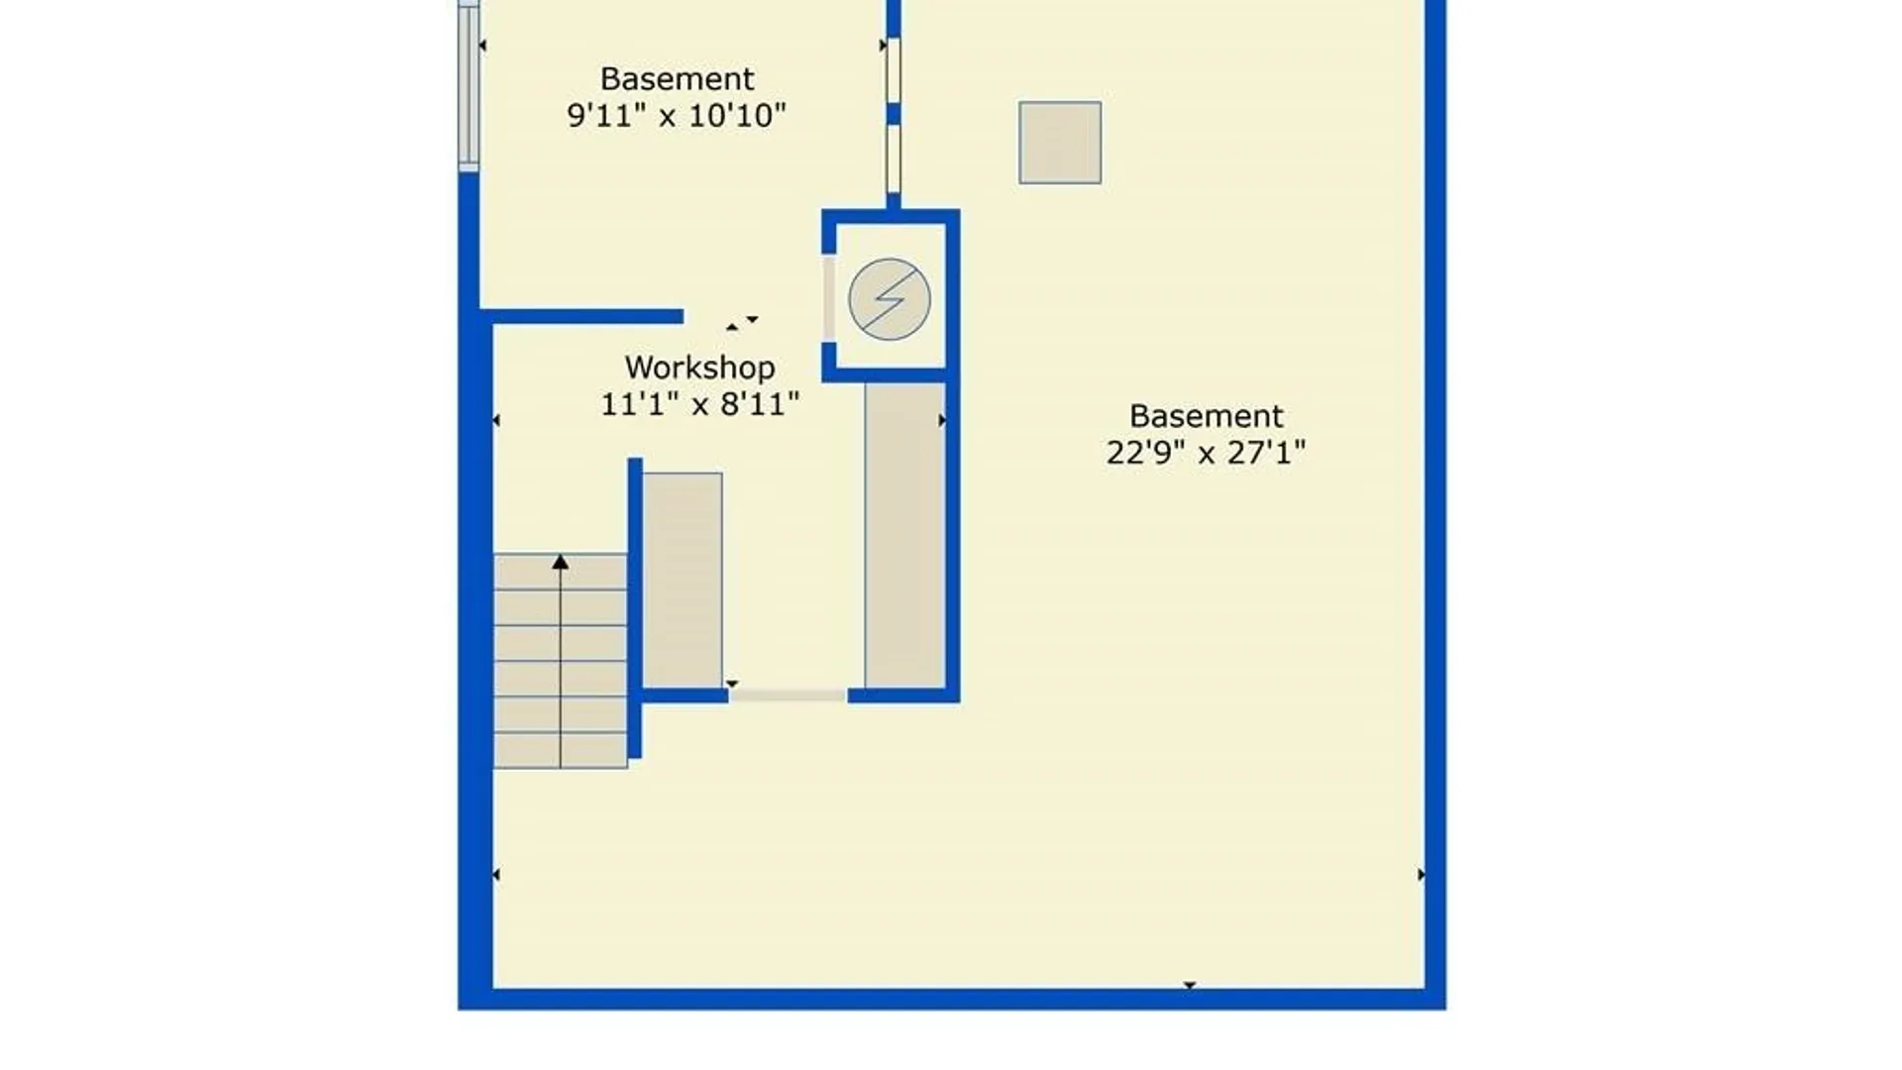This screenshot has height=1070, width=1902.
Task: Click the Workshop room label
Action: point(699,368)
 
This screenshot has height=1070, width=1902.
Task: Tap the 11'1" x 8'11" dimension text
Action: point(699,404)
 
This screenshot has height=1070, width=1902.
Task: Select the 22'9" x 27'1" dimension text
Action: point(1206,453)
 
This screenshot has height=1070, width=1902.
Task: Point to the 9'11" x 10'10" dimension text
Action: point(677,115)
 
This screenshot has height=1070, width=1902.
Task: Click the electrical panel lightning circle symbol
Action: point(890,299)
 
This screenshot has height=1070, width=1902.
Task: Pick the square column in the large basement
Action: point(1060,143)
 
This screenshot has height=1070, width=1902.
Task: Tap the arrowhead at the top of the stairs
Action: point(561,562)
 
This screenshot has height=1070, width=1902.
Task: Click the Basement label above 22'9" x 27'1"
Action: point(1206,415)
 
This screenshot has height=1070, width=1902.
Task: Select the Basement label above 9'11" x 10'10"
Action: point(677,78)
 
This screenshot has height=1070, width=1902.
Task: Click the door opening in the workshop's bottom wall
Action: point(789,695)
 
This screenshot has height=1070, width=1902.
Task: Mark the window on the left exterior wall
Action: point(469,86)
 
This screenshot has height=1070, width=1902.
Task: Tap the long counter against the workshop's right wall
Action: point(904,535)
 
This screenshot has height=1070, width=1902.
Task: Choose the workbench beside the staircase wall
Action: point(683,581)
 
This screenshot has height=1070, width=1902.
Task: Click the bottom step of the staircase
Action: point(561,750)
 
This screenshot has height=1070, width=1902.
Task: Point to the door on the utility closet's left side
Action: point(829,298)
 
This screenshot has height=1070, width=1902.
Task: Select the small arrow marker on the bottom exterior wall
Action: point(1190,986)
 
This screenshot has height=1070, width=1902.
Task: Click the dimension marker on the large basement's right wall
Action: point(1422,875)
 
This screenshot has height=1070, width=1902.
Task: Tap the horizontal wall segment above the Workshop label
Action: point(581,317)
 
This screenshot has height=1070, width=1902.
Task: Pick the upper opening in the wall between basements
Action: point(894,69)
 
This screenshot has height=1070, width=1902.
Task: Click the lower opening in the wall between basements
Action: point(894,160)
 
